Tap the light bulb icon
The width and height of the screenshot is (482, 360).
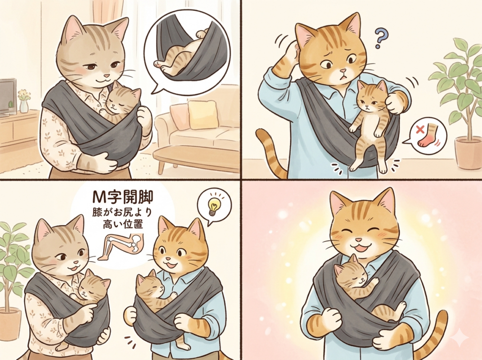click(x=213, y=206)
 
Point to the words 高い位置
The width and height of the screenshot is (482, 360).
click(x=122, y=224)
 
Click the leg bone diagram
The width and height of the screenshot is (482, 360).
click(x=121, y=246)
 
